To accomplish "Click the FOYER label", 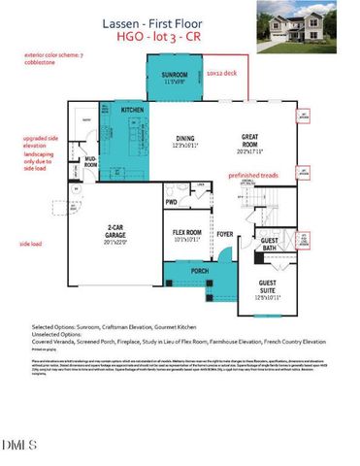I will (x=224, y=233).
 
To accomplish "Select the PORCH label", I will (x=199, y=270).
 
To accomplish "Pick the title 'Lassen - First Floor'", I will (x=180, y=21).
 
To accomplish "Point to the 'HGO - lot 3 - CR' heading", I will (x=180, y=36).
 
